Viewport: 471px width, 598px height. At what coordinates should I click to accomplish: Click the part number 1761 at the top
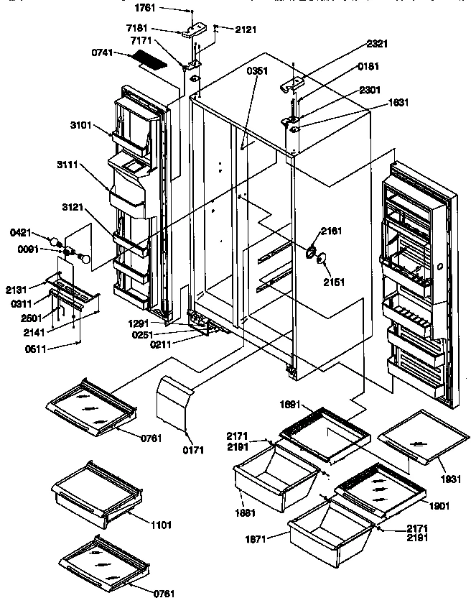tap(146, 9)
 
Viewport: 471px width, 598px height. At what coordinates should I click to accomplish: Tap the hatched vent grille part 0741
tap(152, 63)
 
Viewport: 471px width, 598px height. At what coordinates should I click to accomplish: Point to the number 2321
tap(377, 44)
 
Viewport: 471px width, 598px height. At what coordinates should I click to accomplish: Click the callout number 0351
tap(256, 71)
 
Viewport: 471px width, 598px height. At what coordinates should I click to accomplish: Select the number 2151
tap(332, 282)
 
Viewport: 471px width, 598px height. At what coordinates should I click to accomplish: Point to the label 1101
tap(162, 525)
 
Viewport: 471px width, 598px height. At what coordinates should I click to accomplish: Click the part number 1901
tap(441, 505)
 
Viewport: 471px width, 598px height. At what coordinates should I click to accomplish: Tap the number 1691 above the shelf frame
tap(291, 405)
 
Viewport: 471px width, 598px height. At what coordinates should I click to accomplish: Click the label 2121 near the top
tap(245, 29)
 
